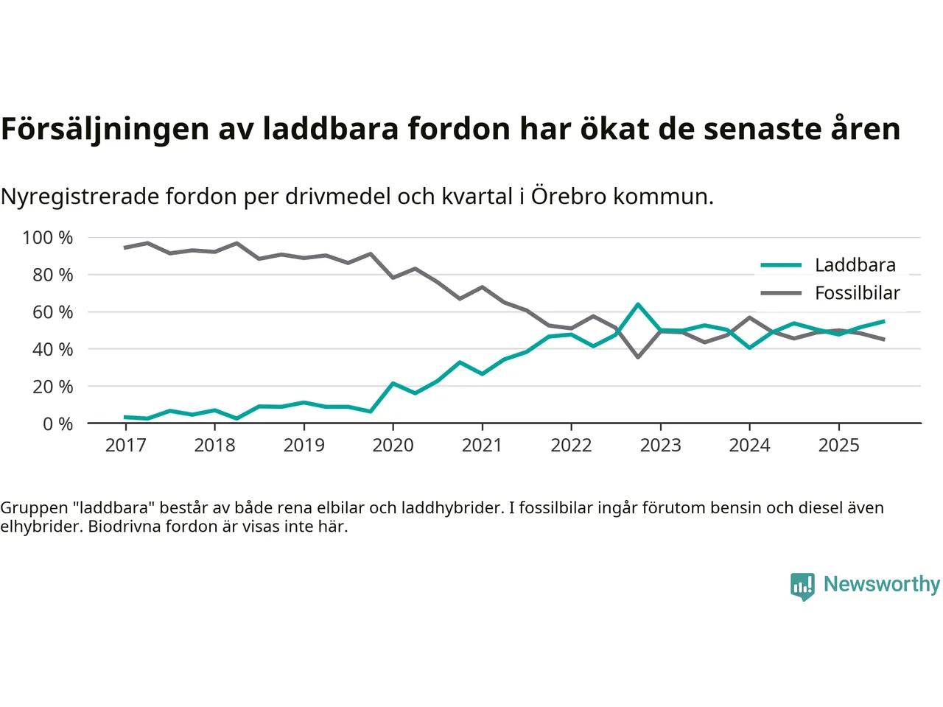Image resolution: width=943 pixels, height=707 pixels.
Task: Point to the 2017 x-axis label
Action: click(125, 445)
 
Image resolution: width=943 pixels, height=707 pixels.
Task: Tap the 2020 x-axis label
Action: click(393, 445)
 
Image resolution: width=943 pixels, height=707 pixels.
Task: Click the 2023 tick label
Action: click(660, 445)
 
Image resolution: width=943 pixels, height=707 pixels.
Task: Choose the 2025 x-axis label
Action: click(838, 445)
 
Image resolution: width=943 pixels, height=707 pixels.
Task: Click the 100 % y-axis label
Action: click(48, 237)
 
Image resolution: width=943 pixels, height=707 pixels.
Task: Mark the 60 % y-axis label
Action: click(52, 312)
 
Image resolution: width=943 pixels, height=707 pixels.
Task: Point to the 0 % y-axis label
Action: click(57, 423)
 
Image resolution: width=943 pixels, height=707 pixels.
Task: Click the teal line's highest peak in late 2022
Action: click(638, 304)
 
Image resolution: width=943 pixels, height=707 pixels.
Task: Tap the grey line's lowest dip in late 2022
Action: click(638, 357)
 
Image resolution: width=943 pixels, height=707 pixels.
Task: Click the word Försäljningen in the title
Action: click(105, 129)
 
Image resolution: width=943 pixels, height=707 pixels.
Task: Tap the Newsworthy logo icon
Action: click(802, 586)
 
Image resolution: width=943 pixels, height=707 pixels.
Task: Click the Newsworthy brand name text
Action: click(881, 584)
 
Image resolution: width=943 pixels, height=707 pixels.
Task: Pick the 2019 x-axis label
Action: click(304, 445)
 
